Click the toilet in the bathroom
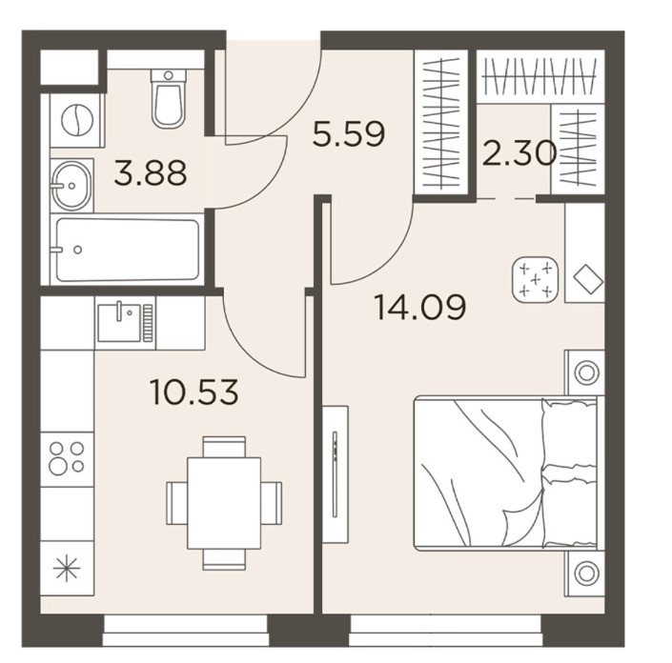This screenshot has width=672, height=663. [x=169, y=99]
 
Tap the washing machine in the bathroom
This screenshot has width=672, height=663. [x=77, y=120]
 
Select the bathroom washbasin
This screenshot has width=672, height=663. [x=71, y=186]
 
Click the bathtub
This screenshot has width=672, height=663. [x=128, y=250]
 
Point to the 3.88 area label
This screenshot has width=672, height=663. [x=151, y=172]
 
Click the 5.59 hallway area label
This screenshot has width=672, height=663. [x=349, y=133]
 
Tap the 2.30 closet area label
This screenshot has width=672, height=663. [x=519, y=153]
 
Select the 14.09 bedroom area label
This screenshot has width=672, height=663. [x=420, y=307]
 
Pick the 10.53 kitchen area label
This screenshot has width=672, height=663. [x=194, y=392]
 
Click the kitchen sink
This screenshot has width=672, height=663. [x=125, y=323]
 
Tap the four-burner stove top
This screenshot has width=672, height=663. [x=67, y=458]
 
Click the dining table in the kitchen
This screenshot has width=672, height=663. [x=224, y=503]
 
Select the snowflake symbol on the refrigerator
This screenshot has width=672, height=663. [x=67, y=569]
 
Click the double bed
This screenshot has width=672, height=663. [x=506, y=472]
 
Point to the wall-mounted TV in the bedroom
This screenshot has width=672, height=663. [x=336, y=474]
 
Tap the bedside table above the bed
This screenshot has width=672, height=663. [x=586, y=372]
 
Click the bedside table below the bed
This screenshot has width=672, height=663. [x=586, y=573]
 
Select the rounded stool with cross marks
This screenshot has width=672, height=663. [x=536, y=280]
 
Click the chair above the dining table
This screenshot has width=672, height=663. [x=224, y=447]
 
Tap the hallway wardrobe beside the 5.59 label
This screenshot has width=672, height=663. [x=441, y=123]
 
